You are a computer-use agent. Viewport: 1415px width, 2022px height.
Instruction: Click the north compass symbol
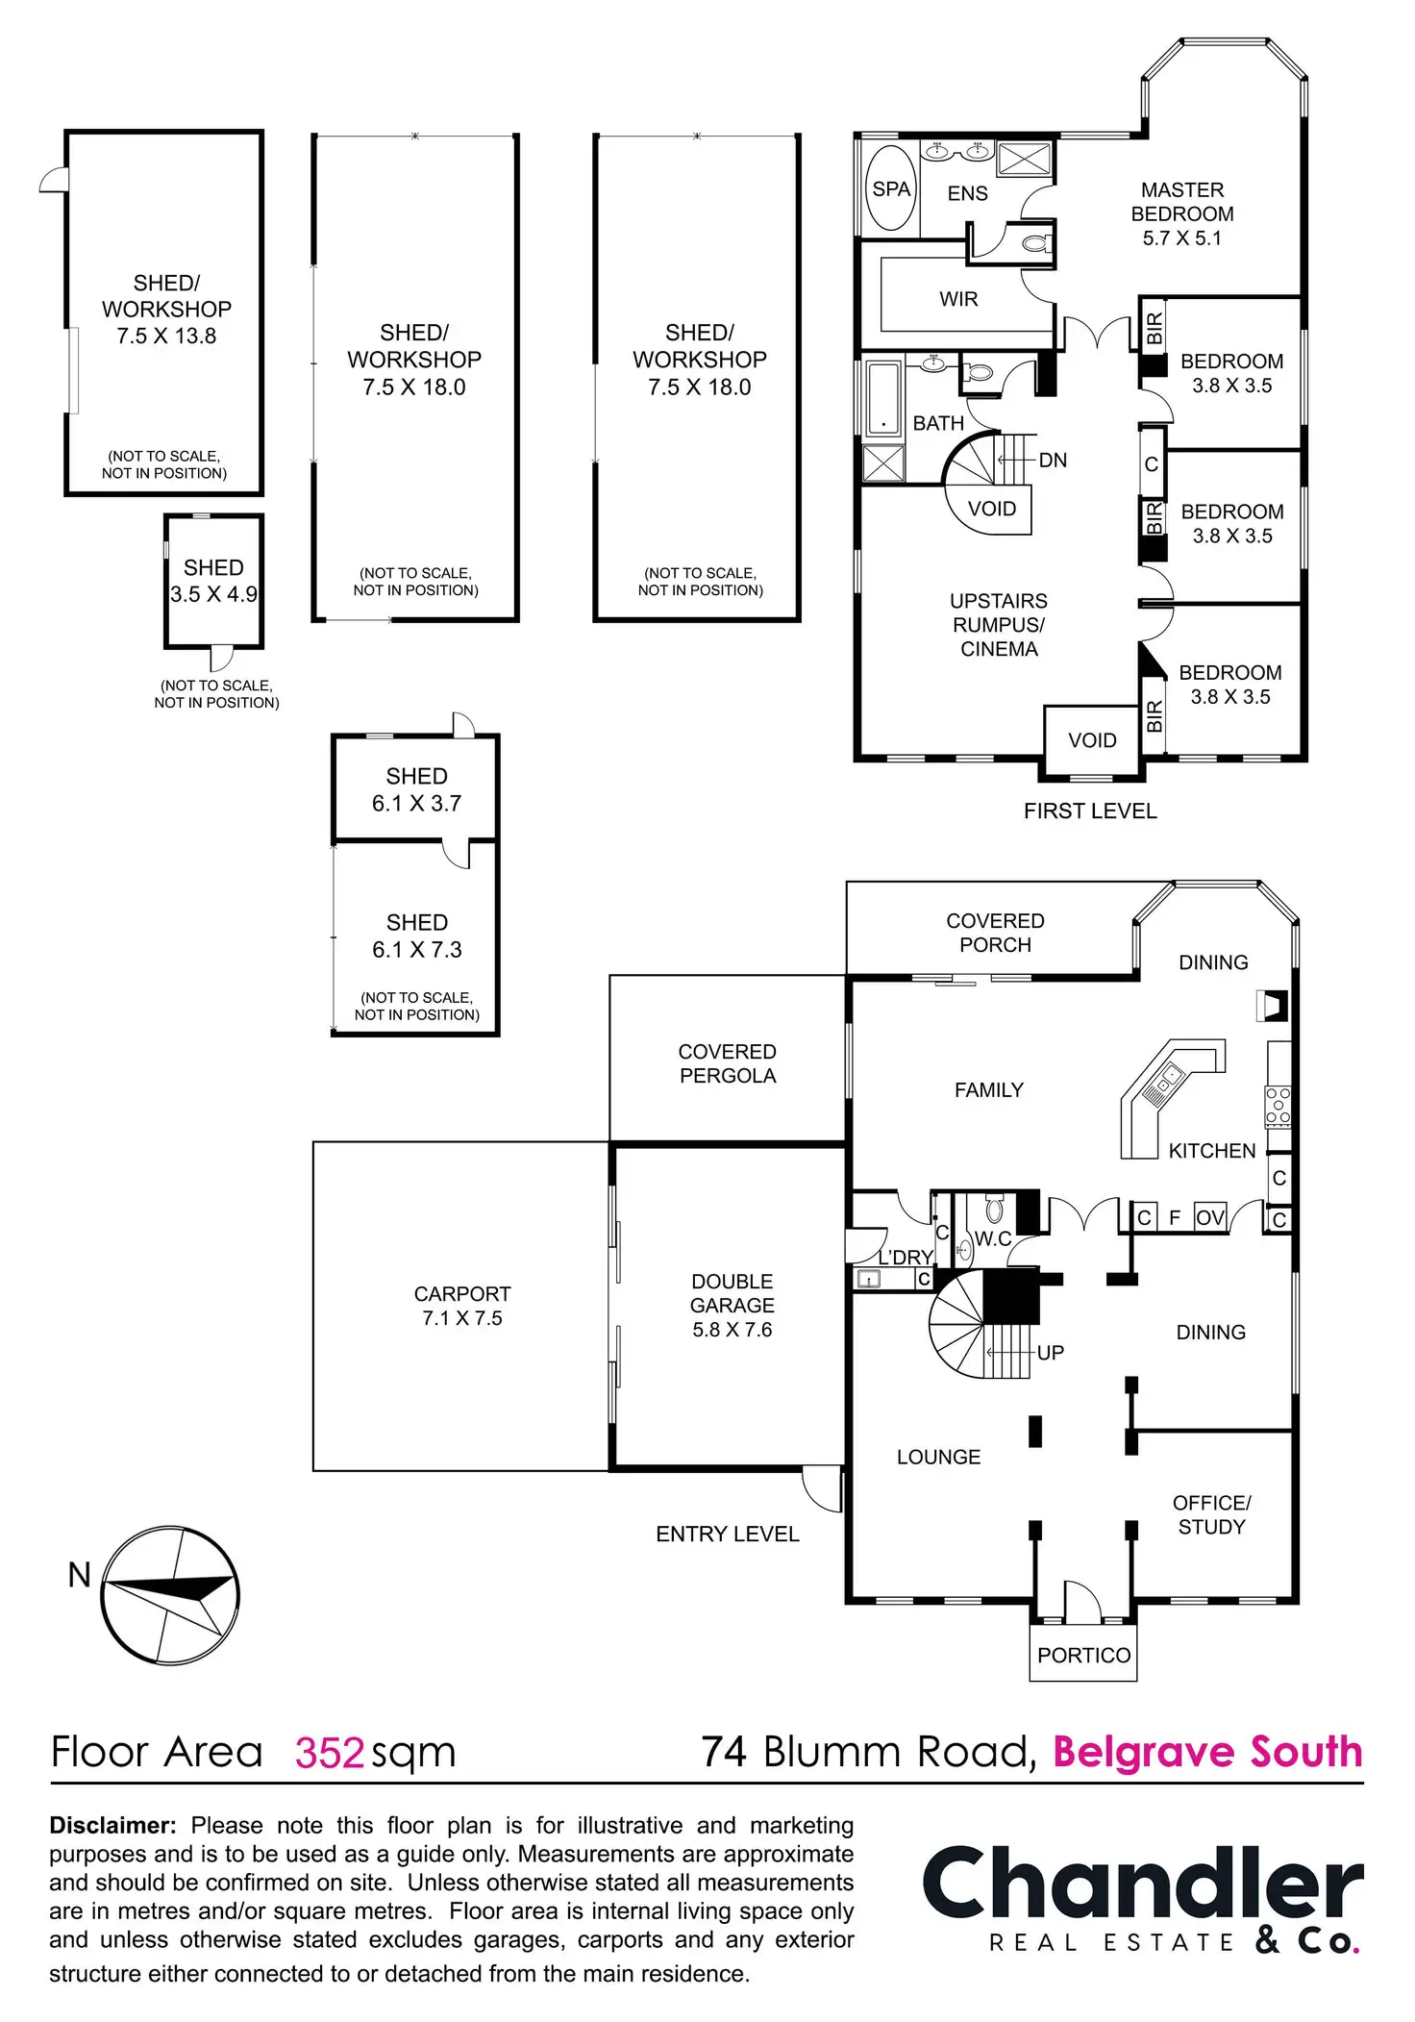170,1595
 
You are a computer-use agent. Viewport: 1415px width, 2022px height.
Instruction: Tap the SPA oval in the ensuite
891,189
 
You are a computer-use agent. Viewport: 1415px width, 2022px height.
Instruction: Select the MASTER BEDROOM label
1181,213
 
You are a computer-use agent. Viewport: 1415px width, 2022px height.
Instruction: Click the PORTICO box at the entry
1083,1655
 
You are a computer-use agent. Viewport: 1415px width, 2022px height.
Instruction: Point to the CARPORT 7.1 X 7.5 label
462,1306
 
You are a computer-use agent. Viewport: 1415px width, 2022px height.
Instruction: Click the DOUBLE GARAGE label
732,1305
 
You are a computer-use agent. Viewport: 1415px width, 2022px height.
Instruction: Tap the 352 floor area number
330,1753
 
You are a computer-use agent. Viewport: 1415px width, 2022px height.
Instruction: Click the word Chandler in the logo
1142,1884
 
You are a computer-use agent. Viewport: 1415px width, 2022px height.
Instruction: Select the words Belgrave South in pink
1208,1752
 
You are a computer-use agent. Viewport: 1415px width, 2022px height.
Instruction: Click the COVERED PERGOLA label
727,1063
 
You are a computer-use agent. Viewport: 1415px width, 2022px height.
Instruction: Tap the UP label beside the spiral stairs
1051,1353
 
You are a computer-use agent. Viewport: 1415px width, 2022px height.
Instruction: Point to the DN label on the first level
1053,461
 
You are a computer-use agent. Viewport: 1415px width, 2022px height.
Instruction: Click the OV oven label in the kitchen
1210,1218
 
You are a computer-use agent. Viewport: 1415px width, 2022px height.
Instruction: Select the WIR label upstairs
958,299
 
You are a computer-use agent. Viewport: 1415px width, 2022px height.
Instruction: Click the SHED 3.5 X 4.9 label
213,581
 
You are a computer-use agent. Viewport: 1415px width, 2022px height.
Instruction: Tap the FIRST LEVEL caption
1090,811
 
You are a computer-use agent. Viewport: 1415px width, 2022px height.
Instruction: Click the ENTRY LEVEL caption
728,1534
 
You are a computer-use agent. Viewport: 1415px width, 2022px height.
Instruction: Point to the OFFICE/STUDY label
1211,1514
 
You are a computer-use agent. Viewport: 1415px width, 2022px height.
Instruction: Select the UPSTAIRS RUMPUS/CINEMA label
999,625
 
